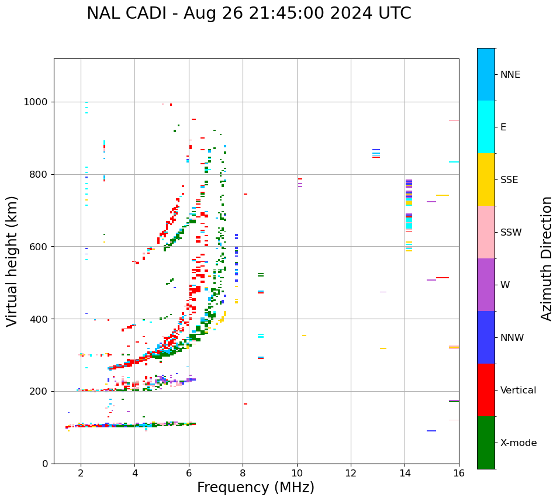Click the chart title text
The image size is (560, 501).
coord(249,13)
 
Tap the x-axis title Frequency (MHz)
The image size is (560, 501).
coord(255,488)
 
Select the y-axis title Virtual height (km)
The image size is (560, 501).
coord(12,261)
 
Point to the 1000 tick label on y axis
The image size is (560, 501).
coord(36,102)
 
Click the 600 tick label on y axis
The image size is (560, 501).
coord(39,247)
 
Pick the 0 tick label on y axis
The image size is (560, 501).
coord(45,464)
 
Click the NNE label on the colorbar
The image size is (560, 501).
coord(510,75)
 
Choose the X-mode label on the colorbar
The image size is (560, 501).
coord(518,443)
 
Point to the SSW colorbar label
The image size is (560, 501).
coord(511,233)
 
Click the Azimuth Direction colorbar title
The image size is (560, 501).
coord(547,258)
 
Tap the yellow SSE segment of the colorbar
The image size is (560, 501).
coord(486,179)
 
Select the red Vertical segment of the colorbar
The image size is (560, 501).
coord(486,390)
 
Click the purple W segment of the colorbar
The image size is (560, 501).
coord(486,285)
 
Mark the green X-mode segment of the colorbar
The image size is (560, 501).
coord(486,443)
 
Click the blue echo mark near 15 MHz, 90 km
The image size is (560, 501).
coord(431,431)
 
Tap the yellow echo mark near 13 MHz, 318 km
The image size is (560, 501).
coord(383,348)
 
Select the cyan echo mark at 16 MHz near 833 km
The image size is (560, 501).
coord(454,162)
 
